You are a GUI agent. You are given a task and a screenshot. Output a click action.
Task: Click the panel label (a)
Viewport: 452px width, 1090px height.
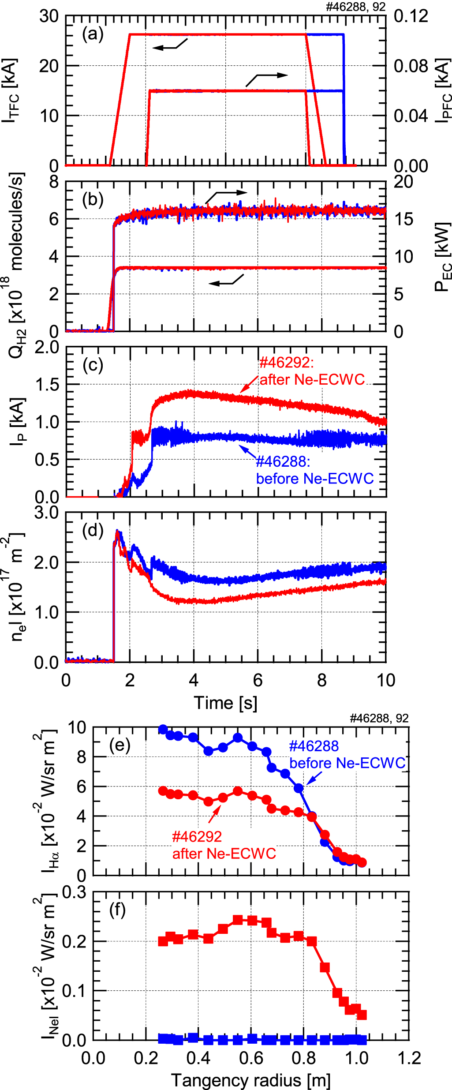point(93,34)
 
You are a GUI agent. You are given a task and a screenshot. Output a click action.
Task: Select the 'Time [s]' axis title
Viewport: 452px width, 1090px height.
point(225,702)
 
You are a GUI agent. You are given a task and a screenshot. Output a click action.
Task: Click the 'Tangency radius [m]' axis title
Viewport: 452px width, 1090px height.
point(250,1080)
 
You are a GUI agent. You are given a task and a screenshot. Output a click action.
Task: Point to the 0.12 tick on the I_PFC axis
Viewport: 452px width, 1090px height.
point(411,16)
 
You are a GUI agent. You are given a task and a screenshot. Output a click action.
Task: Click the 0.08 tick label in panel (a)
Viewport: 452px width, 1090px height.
point(411,66)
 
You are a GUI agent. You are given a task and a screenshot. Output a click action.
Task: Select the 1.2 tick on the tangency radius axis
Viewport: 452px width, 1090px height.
point(409,1058)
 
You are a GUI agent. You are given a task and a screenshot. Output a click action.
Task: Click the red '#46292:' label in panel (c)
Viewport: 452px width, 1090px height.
point(286,363)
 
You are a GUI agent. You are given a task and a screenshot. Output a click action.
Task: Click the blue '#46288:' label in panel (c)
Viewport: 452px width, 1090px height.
point(283,462)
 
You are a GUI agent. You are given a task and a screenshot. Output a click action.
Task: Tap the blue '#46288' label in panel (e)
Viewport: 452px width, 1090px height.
point(314,746)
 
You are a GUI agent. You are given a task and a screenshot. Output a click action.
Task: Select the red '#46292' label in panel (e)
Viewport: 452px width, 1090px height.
point(197,836)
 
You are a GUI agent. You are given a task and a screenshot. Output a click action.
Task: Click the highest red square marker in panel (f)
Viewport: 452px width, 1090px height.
point(238,920)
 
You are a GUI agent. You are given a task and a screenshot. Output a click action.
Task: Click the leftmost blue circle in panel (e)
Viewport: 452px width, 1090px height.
point(163,729)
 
